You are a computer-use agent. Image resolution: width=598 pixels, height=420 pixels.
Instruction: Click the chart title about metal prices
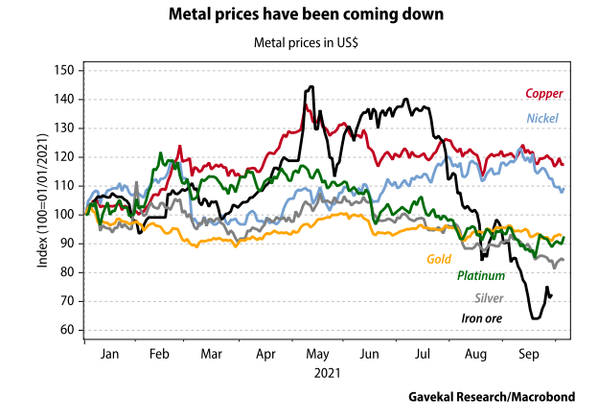tap(299, 15)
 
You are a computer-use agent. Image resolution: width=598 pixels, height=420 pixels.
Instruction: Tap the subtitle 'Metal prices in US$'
tap(299, 42)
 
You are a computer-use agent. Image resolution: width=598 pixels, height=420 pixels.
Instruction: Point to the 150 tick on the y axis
tap(65, 70)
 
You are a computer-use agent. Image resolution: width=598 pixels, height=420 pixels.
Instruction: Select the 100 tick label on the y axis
tap(65, 215)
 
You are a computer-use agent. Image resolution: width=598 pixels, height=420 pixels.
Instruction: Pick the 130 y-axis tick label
tap(65, 128)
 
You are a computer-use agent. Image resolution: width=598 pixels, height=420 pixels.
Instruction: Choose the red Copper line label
tap(543, 94)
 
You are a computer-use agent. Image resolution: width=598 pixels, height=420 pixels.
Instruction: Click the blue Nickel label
tap(543, 118)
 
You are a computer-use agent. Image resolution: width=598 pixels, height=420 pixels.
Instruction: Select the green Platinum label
tap(481, 276)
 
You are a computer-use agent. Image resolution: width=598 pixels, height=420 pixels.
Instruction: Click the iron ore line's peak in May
tap(310, 87)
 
